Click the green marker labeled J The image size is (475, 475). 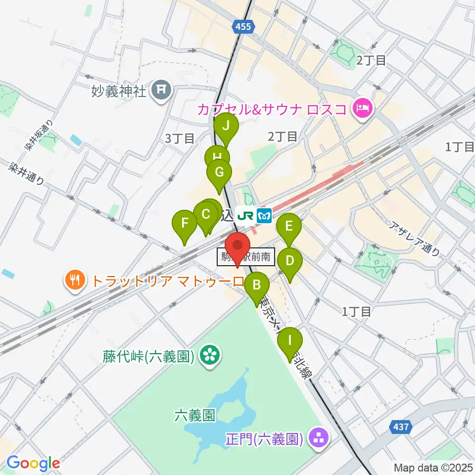pyautogui.click(x=226, y=126)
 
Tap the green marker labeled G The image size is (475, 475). pyautogui.click(x=218, y=173)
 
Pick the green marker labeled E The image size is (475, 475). pyautogui.click(x=289, y=227)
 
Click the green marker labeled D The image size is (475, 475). pyautogui.click(x=290, y=260)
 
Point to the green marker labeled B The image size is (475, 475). pyautogui.click(x=256, y=285)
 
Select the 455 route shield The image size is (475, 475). pyautogui.click(x=243, y=27)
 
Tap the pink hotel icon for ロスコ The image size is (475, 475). pyautogui.click(x=362, y=108)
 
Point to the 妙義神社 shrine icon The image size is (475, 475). pyautogui.click(x=162, y=90)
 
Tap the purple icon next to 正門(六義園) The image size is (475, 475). pyautogui.click(x=317, y=438)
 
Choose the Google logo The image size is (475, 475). pyautogui.click(x=33, y=463)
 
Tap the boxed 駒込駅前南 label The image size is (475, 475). pyautogui.click(x=245, y=257)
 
